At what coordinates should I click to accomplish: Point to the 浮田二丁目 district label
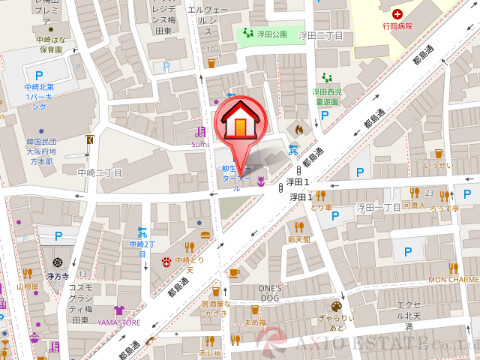[321, 36]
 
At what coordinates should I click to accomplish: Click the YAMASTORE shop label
[118, 323]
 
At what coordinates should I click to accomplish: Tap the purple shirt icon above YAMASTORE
[118, 309]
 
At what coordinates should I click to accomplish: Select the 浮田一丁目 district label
[379, 206]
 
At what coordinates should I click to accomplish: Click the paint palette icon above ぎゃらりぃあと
[335, 306]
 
